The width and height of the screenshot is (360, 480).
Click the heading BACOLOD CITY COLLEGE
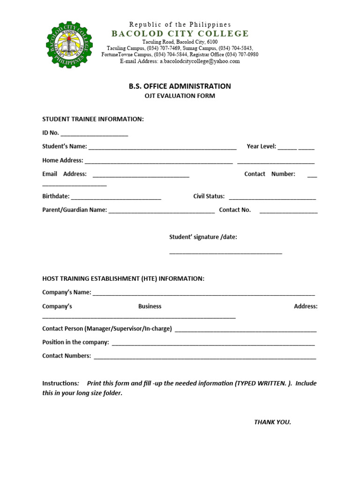tap(180, 33)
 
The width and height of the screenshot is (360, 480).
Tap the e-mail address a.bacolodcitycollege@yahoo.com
tap(202, 61)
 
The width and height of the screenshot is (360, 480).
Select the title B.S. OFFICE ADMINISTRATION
tap(180, 86)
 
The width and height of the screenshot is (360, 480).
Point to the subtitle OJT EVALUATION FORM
tap(180, 96)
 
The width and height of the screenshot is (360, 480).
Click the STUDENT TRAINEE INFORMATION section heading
tap(93, 119)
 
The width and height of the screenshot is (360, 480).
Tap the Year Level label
tap(261, 146)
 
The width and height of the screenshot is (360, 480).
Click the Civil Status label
tap(209, 196)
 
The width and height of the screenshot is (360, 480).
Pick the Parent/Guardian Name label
tap(75, 210)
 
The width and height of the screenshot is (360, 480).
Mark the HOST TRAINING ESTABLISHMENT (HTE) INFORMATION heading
tap(123, 279)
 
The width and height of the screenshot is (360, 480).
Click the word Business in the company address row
tap(150, 307)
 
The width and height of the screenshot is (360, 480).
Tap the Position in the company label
tap(75, 342)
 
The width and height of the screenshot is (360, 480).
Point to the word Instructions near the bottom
tap(60, 383)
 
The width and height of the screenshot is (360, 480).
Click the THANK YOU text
tap(272, 422)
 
